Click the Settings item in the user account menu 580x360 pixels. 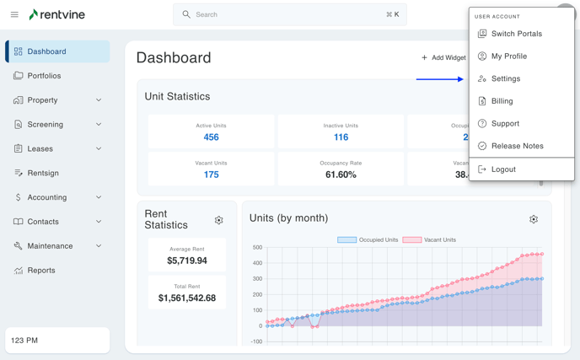click(x=506, y=78)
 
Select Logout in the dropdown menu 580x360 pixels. click(x=503, y=169)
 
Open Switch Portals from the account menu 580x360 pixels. click(x=516, y=34)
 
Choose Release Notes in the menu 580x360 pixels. click(x=517, y=146)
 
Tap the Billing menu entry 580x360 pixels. click(x=502, y=101)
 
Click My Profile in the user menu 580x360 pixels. click(x=508, y=56)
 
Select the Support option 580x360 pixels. click(x=505, y=124)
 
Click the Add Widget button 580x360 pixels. click(x=443, y=58)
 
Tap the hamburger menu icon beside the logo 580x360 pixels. click(x=14, y=14)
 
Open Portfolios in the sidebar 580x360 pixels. click(x=44, y=76)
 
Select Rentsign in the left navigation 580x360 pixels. click(x=43, y=173)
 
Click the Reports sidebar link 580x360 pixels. click(x=41, y=271)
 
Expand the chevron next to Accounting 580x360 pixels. click(x=99, y=197)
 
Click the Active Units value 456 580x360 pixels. click(x=211, y=137)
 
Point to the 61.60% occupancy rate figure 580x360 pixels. click(x=341, y=175)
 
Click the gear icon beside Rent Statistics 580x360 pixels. click(x=218, y=221)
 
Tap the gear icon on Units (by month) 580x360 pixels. click(x=534, y=219)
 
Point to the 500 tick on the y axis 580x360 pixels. click(x=257, y=248)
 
